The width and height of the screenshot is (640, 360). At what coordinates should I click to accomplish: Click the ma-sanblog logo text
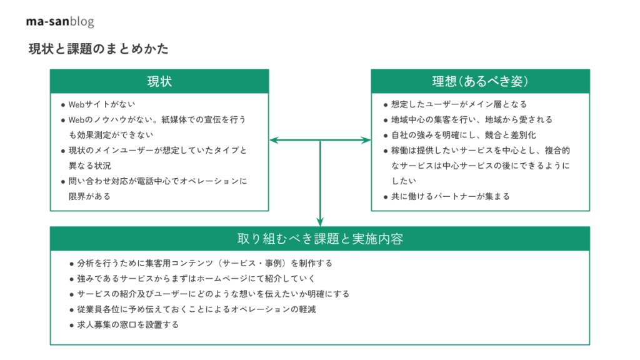tap(60, 21)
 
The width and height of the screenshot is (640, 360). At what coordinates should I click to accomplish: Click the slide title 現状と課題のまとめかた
tap(98, 49)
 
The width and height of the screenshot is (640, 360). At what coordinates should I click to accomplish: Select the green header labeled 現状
tap(159, 81)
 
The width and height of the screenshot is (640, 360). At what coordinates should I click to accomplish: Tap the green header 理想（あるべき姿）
tap(481, 81)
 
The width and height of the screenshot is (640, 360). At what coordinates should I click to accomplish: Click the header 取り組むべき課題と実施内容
tap(320, 239)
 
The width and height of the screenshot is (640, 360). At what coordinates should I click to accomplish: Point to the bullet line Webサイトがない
tap(102, 104)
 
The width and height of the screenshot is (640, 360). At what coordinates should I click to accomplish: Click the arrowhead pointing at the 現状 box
tap(274, 140)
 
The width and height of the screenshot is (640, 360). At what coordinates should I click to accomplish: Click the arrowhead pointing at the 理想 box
tap(366, 140)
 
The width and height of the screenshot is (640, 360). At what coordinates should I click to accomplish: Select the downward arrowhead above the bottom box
tap(320, 222)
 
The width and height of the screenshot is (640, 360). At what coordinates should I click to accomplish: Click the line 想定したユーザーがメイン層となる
tap(459, 104)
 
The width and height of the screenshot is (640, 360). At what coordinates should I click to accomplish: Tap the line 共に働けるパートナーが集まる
tap(450, 197)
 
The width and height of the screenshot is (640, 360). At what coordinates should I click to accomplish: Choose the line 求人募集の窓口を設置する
tap(127, 325)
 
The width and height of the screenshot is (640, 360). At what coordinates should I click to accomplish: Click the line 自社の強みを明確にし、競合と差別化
tap(463, 135)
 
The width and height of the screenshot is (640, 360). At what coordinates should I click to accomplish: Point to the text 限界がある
tap(89, 197)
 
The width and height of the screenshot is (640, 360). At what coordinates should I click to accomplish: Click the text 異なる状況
tap(89, 166)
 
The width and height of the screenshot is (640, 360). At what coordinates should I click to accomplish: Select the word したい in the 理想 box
tap(404, 181)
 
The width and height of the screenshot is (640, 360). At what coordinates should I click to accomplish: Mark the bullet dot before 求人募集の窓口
tap(71, 326)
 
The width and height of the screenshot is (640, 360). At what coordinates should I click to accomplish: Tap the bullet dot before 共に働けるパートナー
tap(385, 197)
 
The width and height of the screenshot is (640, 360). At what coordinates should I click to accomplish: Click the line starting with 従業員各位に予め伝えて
tap(196, 309)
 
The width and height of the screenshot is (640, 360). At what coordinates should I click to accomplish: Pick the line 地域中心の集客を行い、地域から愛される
tap(471, 120)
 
